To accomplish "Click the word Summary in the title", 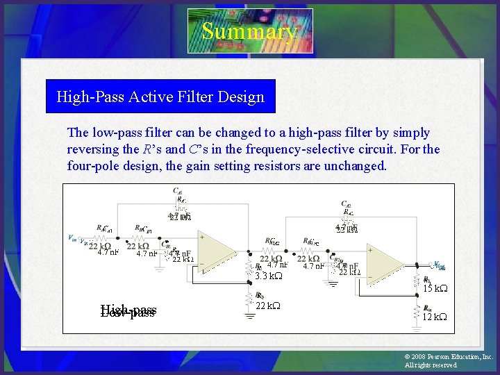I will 249,31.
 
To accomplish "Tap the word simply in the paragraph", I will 410,133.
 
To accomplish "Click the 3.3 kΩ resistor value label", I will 268,276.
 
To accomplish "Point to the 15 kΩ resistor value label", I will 435,287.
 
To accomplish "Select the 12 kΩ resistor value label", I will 435,317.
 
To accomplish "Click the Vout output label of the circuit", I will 439,266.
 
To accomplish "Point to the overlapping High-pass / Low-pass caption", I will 128,311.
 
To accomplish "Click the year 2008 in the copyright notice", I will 418,357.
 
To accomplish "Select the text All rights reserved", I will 431,365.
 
